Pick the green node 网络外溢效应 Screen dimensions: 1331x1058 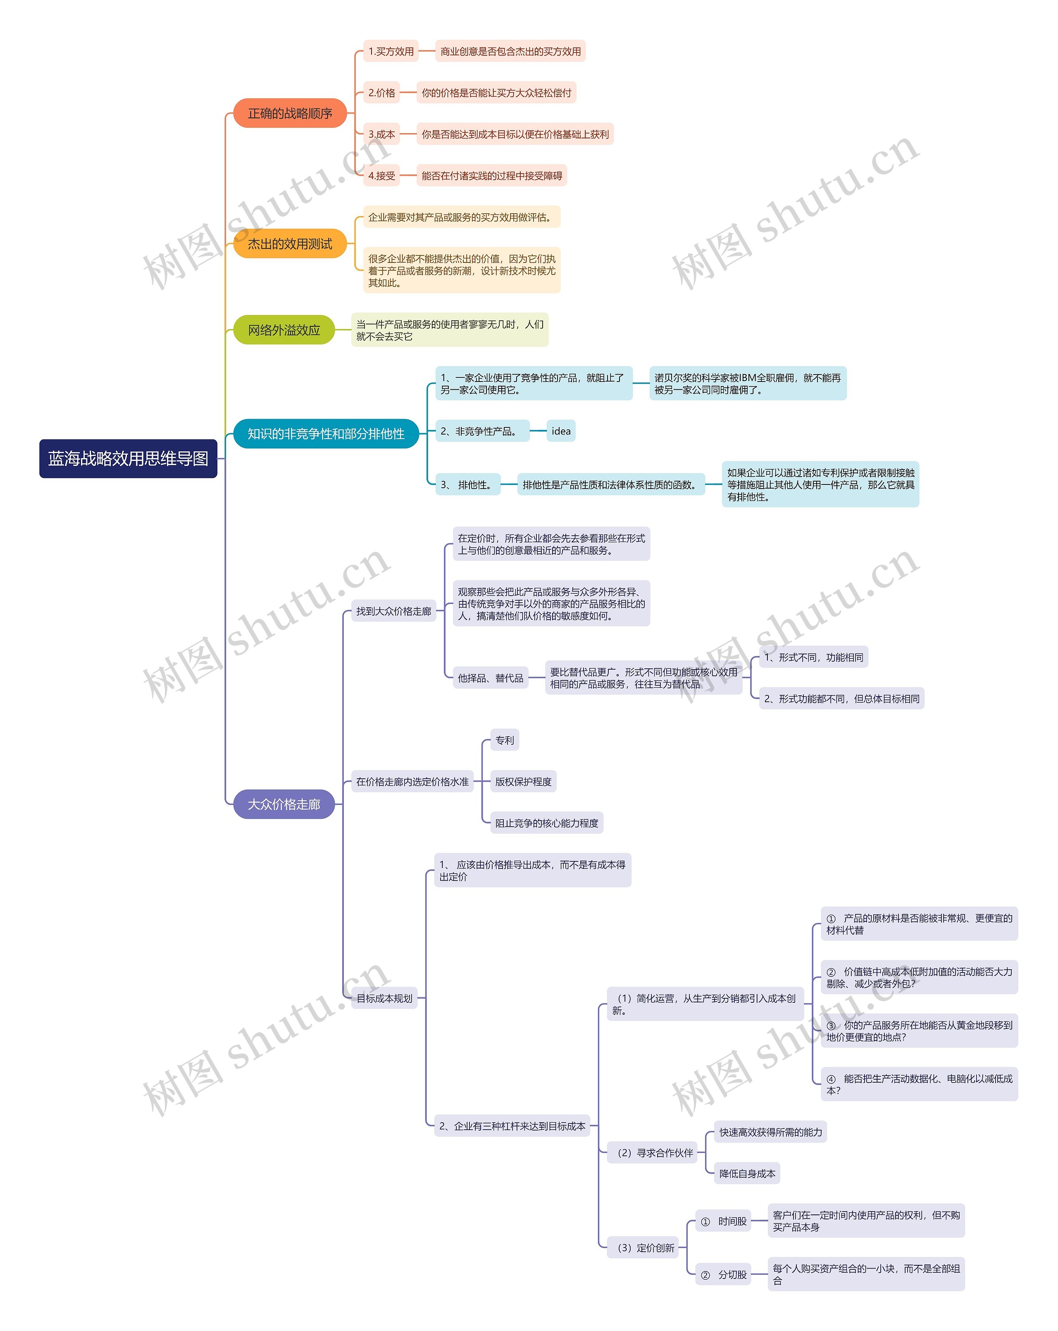point(284,330)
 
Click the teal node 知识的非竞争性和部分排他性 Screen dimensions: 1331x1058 point(326,433)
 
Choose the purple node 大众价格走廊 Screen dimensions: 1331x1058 point(284,804)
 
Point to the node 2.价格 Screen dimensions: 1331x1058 point(381,93)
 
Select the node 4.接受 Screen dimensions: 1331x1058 point(381,175)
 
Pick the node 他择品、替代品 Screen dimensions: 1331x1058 point(490,678)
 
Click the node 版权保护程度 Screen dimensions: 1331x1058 point(523,782)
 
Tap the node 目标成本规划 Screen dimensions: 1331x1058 point(384,998)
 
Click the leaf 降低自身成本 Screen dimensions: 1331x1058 point(747,1174)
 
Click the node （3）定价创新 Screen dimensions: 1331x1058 point(644,1248)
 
